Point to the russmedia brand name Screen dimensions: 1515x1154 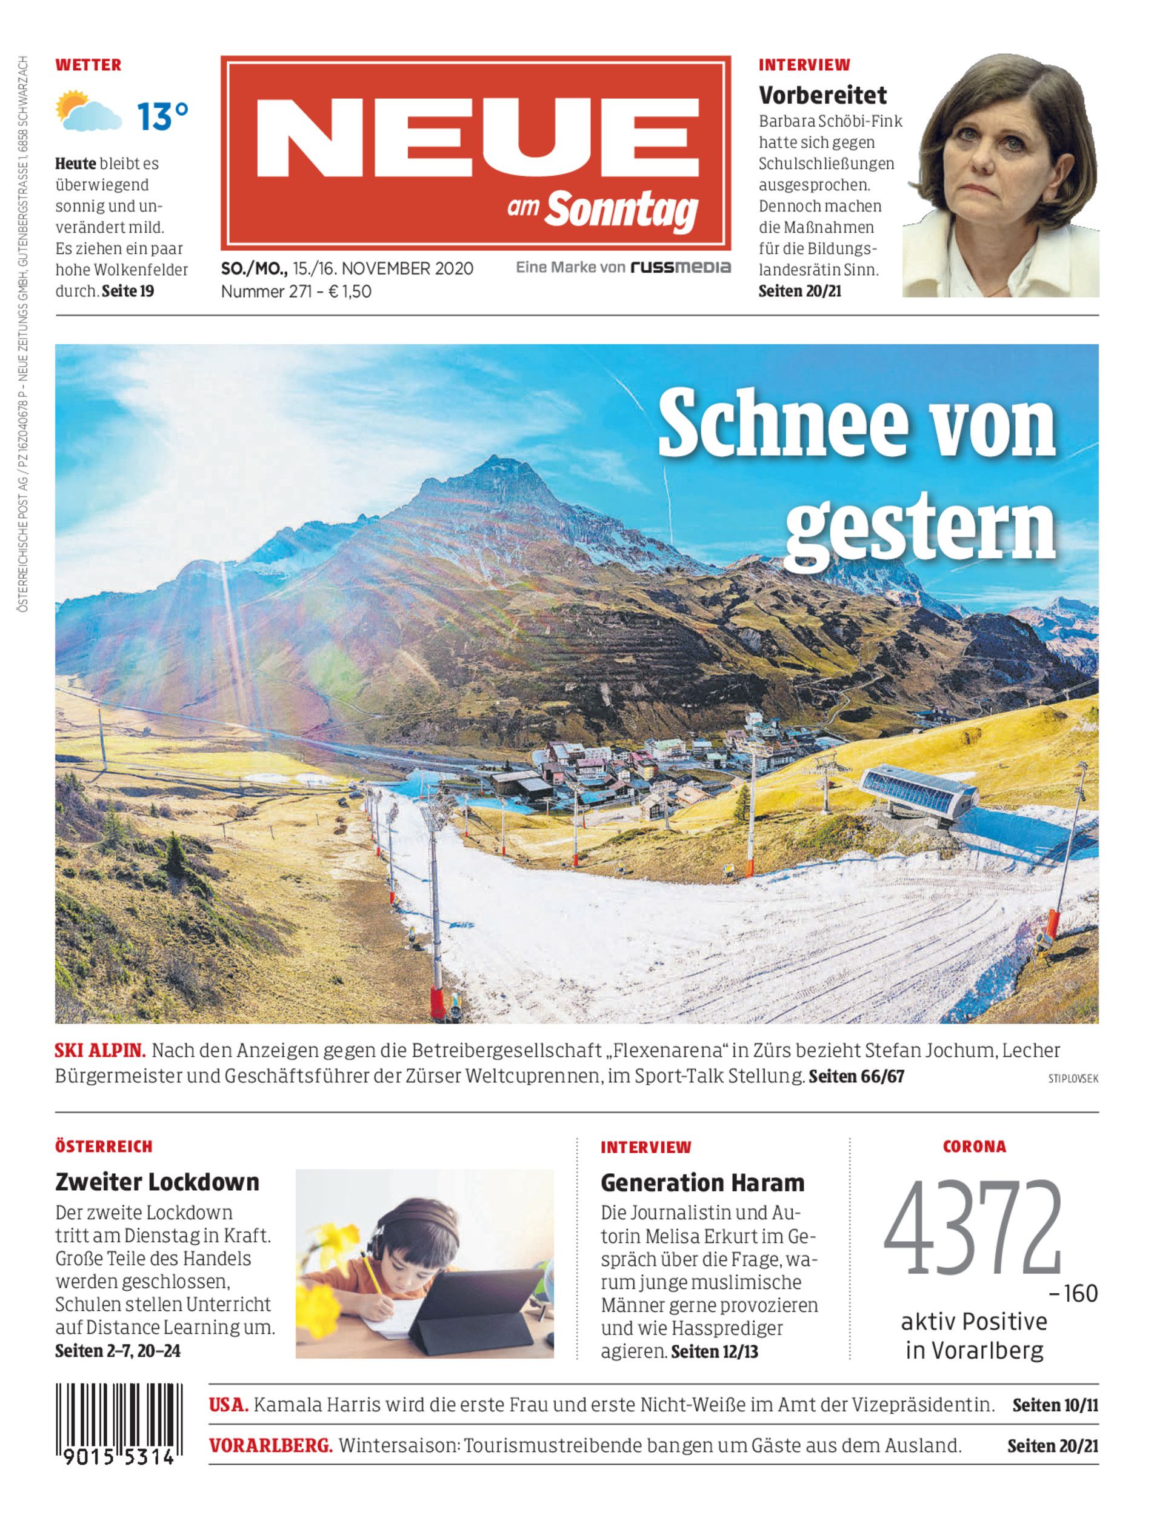[x=681, y=267]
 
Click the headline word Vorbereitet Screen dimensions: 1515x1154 [x=822, y=95]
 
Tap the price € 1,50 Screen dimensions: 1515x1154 [x=350, y=291]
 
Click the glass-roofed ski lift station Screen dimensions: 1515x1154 [x=918, y=791]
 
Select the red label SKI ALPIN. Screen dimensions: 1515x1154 [x=99, y=1051]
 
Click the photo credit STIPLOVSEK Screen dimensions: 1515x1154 [x=1073, y=1079]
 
